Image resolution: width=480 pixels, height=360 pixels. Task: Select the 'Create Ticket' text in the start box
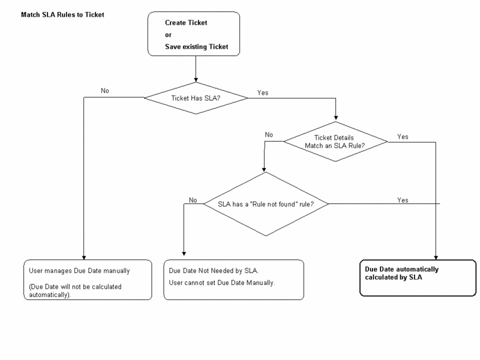coord(185,23)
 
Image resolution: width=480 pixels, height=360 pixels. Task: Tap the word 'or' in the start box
coord(169,34)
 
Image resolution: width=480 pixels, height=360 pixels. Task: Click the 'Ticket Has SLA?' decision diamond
coord(195,97)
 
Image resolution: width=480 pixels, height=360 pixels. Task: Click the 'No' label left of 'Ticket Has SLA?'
coord(105,92)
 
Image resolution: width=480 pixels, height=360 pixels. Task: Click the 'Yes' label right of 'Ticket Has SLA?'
coord(263,93)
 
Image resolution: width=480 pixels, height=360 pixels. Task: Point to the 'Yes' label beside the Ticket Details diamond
coord(402,137)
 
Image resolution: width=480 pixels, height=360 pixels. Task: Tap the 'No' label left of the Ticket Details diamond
coord(269,134)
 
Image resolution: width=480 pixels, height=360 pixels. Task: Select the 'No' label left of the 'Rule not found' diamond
coord(193,200)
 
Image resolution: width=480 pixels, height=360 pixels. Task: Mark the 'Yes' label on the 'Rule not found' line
coord(403,199)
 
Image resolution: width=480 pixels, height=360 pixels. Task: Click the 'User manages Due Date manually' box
coord(87,279)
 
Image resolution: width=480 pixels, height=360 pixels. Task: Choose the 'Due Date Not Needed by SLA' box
coord(229,279)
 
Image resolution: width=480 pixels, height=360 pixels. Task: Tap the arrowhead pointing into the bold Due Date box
coord(436,255)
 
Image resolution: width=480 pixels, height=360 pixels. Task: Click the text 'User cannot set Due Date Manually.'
coord(222,282)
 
